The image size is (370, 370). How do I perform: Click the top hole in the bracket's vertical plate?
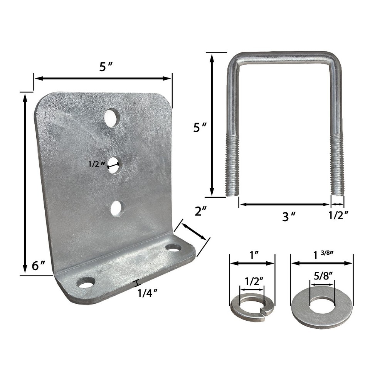pyautogui.click(x=112, y=118)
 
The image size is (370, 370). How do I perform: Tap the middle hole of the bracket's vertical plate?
pyautogui.click(x=114, y=165)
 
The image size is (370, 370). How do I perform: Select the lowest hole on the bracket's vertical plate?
pyautogui.click(x=117, y=209)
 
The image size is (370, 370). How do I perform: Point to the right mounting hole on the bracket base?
pyautogui.click(x=173, y=247)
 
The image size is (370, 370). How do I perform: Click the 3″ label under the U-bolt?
pyautogui.click(x=289, y=217)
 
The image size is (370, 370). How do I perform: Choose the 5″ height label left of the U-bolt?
pyautogui.click(x=199, y=128)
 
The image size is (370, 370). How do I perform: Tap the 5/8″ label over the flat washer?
pyautogui.click(x=322, y=277)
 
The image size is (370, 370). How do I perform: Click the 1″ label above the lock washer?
pyautogui.click(x=253, y=254)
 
